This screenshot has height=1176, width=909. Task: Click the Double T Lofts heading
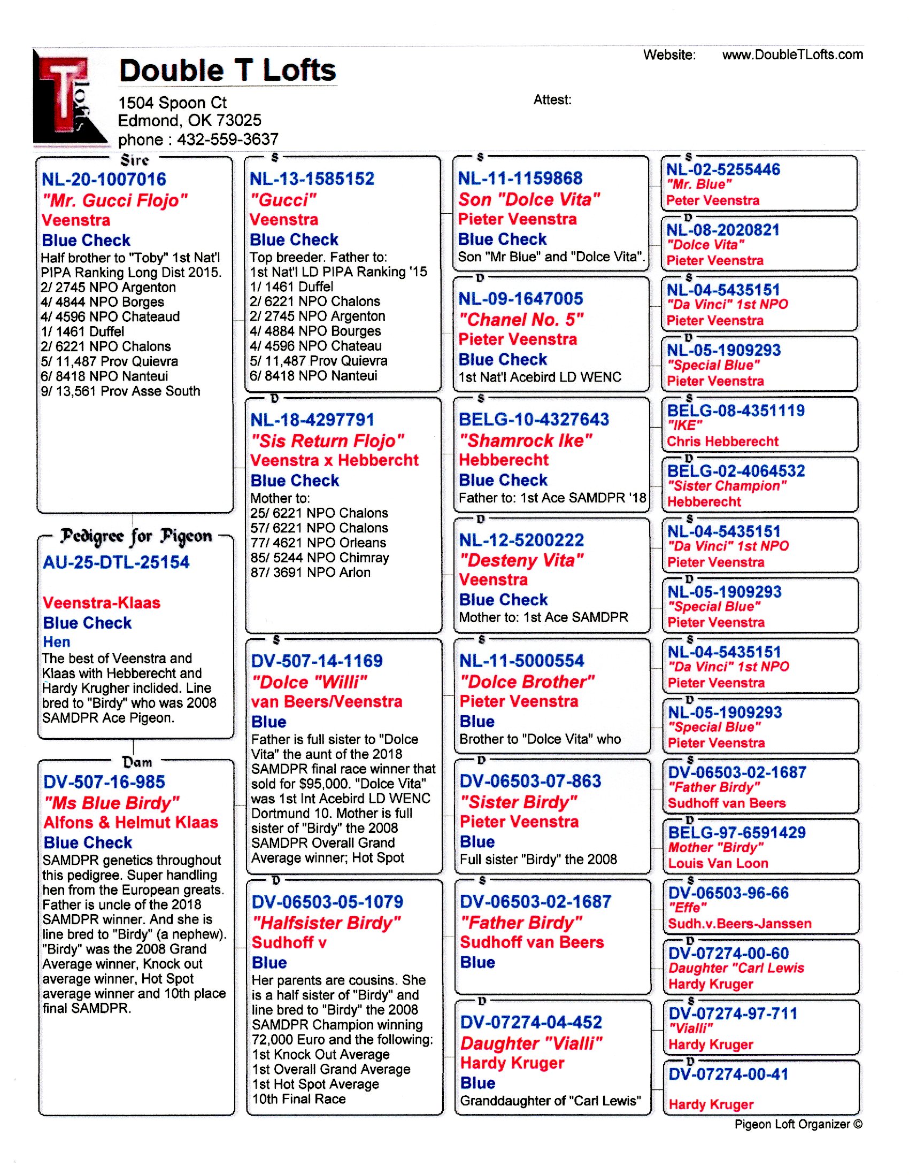point(227,71)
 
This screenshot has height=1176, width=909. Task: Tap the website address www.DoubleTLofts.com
point(792,55)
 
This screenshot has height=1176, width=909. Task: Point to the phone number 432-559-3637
point(228,140)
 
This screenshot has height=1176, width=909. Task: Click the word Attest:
point(552,99)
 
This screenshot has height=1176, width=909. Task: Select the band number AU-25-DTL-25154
point(117,563)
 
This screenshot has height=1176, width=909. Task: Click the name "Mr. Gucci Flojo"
point(115,201)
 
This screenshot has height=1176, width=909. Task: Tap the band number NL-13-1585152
point(312,179)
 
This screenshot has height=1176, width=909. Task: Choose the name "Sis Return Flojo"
point(327,441)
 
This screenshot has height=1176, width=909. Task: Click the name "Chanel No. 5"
point(521,320)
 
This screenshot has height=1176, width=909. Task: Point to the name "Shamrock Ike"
point(525,440)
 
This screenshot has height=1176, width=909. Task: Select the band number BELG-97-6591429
point(737,832)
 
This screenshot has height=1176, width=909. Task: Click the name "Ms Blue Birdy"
point(111,803)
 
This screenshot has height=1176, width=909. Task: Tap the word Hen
point(57,642)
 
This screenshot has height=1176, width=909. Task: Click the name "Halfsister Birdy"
point(326,923)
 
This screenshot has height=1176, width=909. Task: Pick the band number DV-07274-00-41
point(728,1074)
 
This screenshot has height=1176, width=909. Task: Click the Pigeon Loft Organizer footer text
point(798,1124)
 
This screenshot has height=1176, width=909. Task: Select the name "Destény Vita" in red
point(521,561)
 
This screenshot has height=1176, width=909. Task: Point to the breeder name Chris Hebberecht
point(723,442)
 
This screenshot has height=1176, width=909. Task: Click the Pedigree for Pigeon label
point(136,536)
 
